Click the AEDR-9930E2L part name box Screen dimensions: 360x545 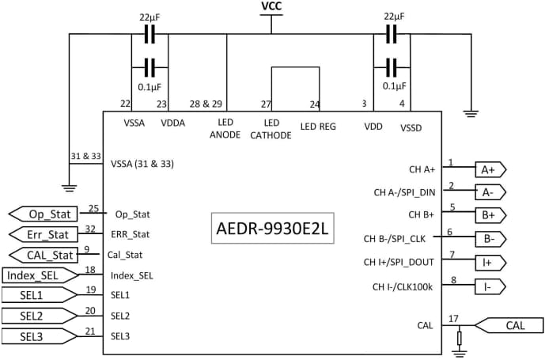[272, 229]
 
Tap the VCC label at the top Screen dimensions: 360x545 [271, 6]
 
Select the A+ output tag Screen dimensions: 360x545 [489, 169]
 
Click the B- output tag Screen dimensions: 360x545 [489, 238]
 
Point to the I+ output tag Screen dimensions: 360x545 [489, 262]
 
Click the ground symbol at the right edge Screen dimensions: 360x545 [471, 114]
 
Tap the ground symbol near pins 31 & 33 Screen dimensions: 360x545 [69, 188]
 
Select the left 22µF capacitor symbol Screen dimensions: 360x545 [149, 35]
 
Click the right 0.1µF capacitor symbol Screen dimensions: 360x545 [390, 66]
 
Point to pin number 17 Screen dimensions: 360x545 [452, 319]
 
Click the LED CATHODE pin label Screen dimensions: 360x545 [271, 129]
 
